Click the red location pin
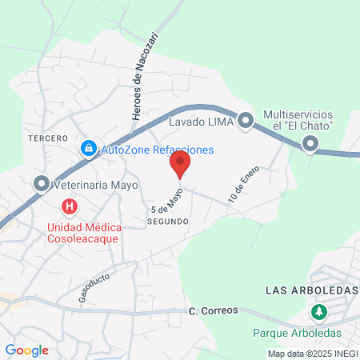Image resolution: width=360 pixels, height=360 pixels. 180,165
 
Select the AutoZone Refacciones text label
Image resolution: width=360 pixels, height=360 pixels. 158,150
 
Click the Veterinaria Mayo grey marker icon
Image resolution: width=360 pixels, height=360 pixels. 41,185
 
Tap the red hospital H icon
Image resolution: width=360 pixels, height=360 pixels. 70,207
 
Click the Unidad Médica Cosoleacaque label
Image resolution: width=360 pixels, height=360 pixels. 71,232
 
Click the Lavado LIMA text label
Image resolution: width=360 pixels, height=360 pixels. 200,122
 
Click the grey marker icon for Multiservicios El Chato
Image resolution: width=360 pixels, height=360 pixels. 310,145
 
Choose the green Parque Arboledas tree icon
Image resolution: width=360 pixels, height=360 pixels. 319,311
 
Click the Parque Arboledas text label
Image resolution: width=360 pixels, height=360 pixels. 297,332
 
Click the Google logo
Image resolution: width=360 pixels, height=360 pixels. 26,350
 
